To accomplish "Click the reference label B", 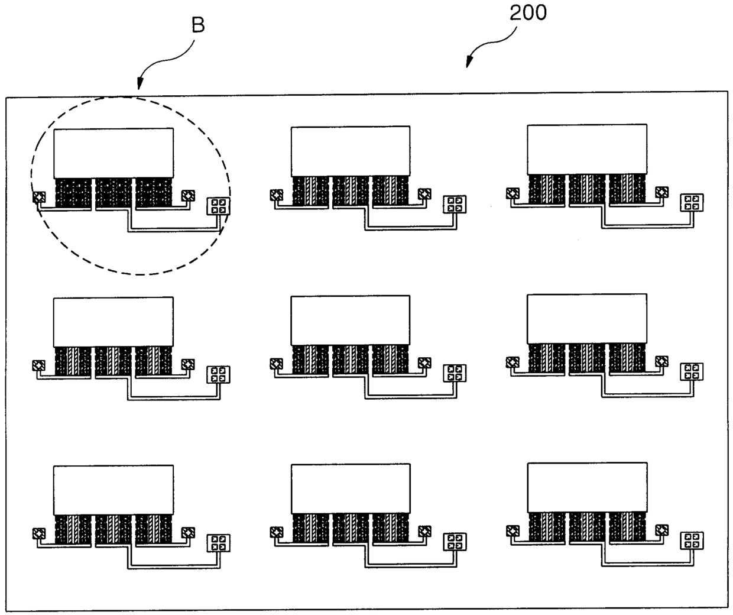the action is pos(199,26).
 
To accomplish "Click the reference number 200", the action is pos(528,13).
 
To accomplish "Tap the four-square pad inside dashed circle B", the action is pos(218,206).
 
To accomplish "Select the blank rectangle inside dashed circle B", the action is pos(113,153).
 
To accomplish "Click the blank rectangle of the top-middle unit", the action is pos(351,151).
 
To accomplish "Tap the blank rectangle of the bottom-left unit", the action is pos(113,490).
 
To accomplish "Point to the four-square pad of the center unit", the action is pos(455,373).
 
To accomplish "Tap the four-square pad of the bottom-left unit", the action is pos(218,543).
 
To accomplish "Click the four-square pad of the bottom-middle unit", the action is pos(455,542).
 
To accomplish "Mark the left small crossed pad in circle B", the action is pos(39,196).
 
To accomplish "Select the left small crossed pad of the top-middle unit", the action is pos(276,195).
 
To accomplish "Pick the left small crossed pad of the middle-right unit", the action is pos(513,361).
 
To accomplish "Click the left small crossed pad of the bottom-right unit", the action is pos(513,530).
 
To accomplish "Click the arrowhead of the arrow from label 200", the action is pos(469,64).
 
